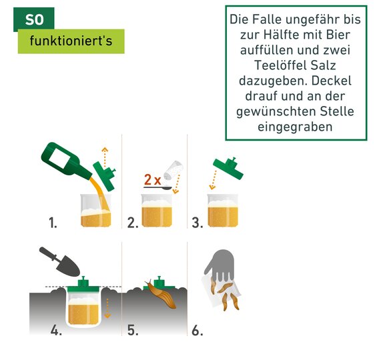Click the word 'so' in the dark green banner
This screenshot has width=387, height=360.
point(34,20)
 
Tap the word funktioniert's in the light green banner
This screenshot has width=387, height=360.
point(71,41)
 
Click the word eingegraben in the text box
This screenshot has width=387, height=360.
point(295,127)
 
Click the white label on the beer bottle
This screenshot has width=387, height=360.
point(59,158)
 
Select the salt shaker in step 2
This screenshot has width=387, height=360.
point(173,170)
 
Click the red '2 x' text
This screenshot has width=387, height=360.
point(153,179)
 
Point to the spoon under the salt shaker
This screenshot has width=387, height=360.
point(158,188)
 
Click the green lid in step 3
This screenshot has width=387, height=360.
point(228,168)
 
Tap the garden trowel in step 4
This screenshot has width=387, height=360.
point(59,261)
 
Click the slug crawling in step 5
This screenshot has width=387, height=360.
point(161,294)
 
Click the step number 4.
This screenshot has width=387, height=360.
point(56,330)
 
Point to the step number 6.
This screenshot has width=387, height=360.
point(198,330)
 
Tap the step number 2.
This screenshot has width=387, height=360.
point(133,223)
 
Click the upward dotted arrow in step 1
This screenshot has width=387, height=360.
point(105,157)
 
